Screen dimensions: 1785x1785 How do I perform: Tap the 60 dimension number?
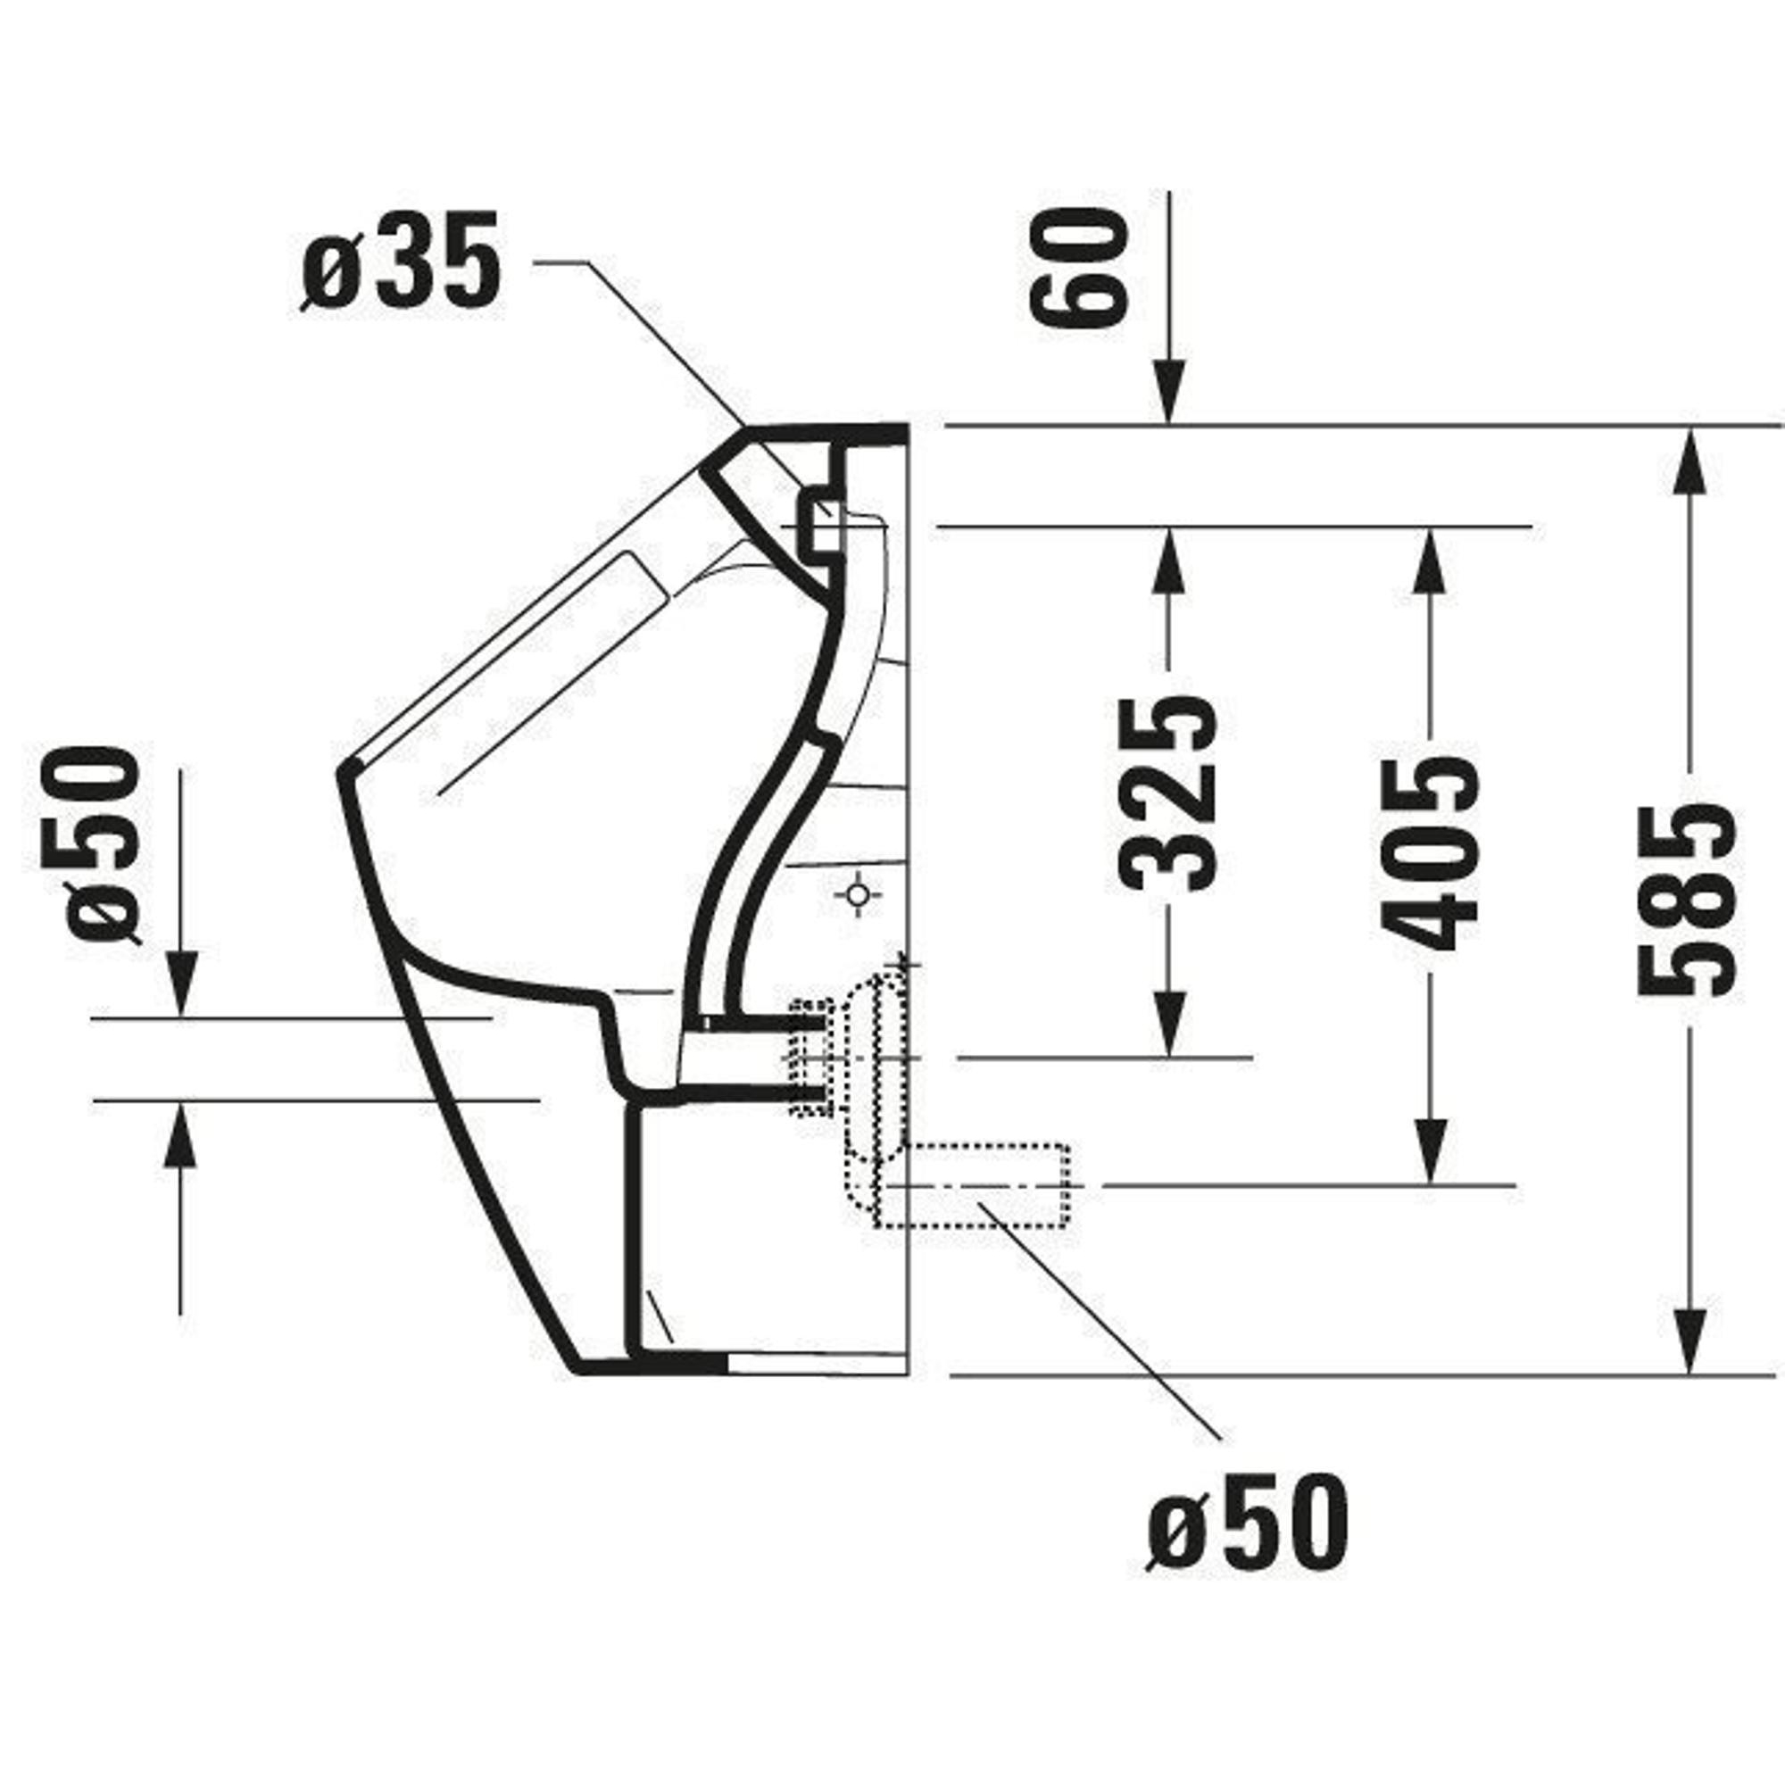click(1079, 267)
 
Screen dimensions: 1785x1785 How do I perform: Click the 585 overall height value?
click(1687, 899)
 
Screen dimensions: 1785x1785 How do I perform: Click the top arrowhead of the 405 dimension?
click(1429, 560)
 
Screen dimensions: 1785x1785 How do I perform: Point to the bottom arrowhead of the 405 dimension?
click(1429, 1151)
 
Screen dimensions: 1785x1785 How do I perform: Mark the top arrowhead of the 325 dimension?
click(1169, 560)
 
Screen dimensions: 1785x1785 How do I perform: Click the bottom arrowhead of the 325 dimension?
click(1169, 1024)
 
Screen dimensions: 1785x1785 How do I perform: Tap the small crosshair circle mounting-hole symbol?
click(858, 894)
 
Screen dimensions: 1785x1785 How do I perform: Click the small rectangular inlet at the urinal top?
click(818, 524)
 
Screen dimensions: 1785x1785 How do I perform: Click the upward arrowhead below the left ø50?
click(180, 1135)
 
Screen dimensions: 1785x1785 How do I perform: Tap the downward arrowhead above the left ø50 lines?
click(180, 986)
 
